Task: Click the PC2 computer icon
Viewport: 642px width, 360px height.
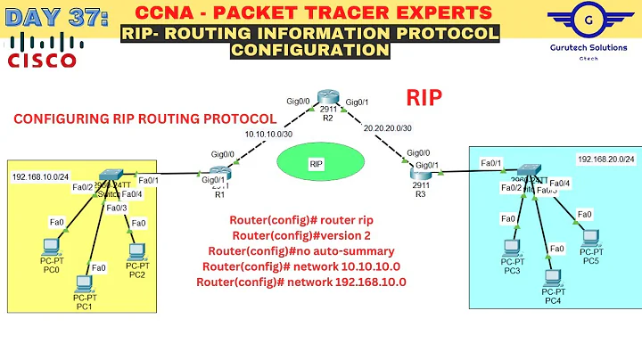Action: [136, 251]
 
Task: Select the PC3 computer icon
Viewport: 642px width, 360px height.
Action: [512, 247]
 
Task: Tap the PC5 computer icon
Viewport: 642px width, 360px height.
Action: [590, 237]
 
